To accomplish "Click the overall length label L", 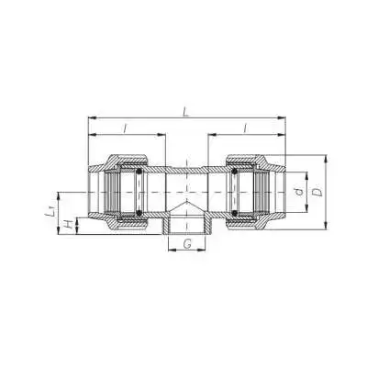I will [187, 113].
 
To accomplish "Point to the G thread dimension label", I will [187, 245].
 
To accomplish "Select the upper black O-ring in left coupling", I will [138, 171].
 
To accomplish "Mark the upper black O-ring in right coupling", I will [234, 171].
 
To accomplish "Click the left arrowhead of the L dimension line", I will [91, 119].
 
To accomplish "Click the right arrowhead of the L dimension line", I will [283, 119].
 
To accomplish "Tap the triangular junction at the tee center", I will [186, 204].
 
